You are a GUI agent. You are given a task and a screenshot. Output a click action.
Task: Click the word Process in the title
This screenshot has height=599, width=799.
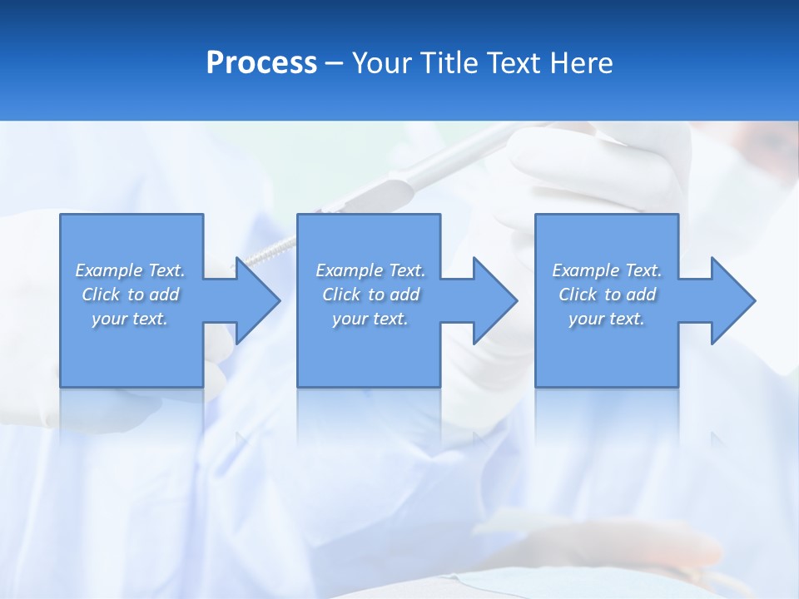(x=261, y=63)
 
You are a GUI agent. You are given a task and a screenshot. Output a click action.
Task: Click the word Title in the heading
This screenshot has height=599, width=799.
(x=444, y=63)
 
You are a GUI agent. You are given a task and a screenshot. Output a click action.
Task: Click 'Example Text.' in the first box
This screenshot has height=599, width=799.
(x=130, y=270)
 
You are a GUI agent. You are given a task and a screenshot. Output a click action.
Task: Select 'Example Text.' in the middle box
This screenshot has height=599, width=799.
(x=370, y=270)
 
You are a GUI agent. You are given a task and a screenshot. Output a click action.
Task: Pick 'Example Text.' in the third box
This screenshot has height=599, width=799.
(x=607, y=270)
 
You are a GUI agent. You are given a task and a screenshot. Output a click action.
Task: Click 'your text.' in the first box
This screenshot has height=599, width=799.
(x=130, y=319)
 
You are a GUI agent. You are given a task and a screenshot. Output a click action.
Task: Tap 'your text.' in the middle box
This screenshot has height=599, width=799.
(x=370, y=319)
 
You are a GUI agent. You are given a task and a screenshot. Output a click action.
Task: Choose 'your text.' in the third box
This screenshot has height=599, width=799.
(x=607, y=319)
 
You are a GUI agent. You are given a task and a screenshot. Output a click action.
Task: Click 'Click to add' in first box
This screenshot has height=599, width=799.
(x=130, y=295)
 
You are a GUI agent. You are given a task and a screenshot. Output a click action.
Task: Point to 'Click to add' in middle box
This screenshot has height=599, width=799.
(x=370, y=295)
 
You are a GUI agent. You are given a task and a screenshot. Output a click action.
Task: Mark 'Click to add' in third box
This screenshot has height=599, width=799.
(x=607, y=295)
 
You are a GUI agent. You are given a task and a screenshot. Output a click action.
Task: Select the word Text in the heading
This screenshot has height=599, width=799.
(x=513, y=63)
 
